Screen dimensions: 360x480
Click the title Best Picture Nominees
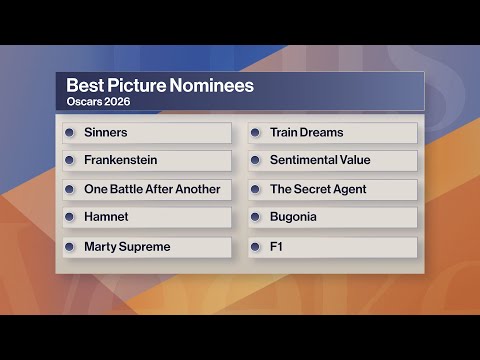click(x=159, y=86)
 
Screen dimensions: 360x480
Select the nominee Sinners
click(x=106, y=132)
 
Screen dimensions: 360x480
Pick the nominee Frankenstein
click(x=120, y=160)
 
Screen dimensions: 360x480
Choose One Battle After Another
click(x=152, y=189)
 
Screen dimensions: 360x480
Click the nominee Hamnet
click(x=107, y=217)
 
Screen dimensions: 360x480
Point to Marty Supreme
click(x=127, y=246)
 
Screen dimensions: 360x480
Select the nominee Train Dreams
click(x=306, y=132)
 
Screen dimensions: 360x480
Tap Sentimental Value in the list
click(x=320, y=160)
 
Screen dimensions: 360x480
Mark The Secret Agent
click(x=318, y=189)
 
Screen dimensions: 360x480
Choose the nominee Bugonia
click(x=293, y=217)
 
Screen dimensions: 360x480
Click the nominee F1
click(x=277, y=246)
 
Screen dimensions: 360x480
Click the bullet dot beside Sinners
click(x=70, y=132)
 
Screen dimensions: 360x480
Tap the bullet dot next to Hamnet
click(x=70, y=217)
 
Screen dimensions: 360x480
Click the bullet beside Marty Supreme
click(x=70, y=246)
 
